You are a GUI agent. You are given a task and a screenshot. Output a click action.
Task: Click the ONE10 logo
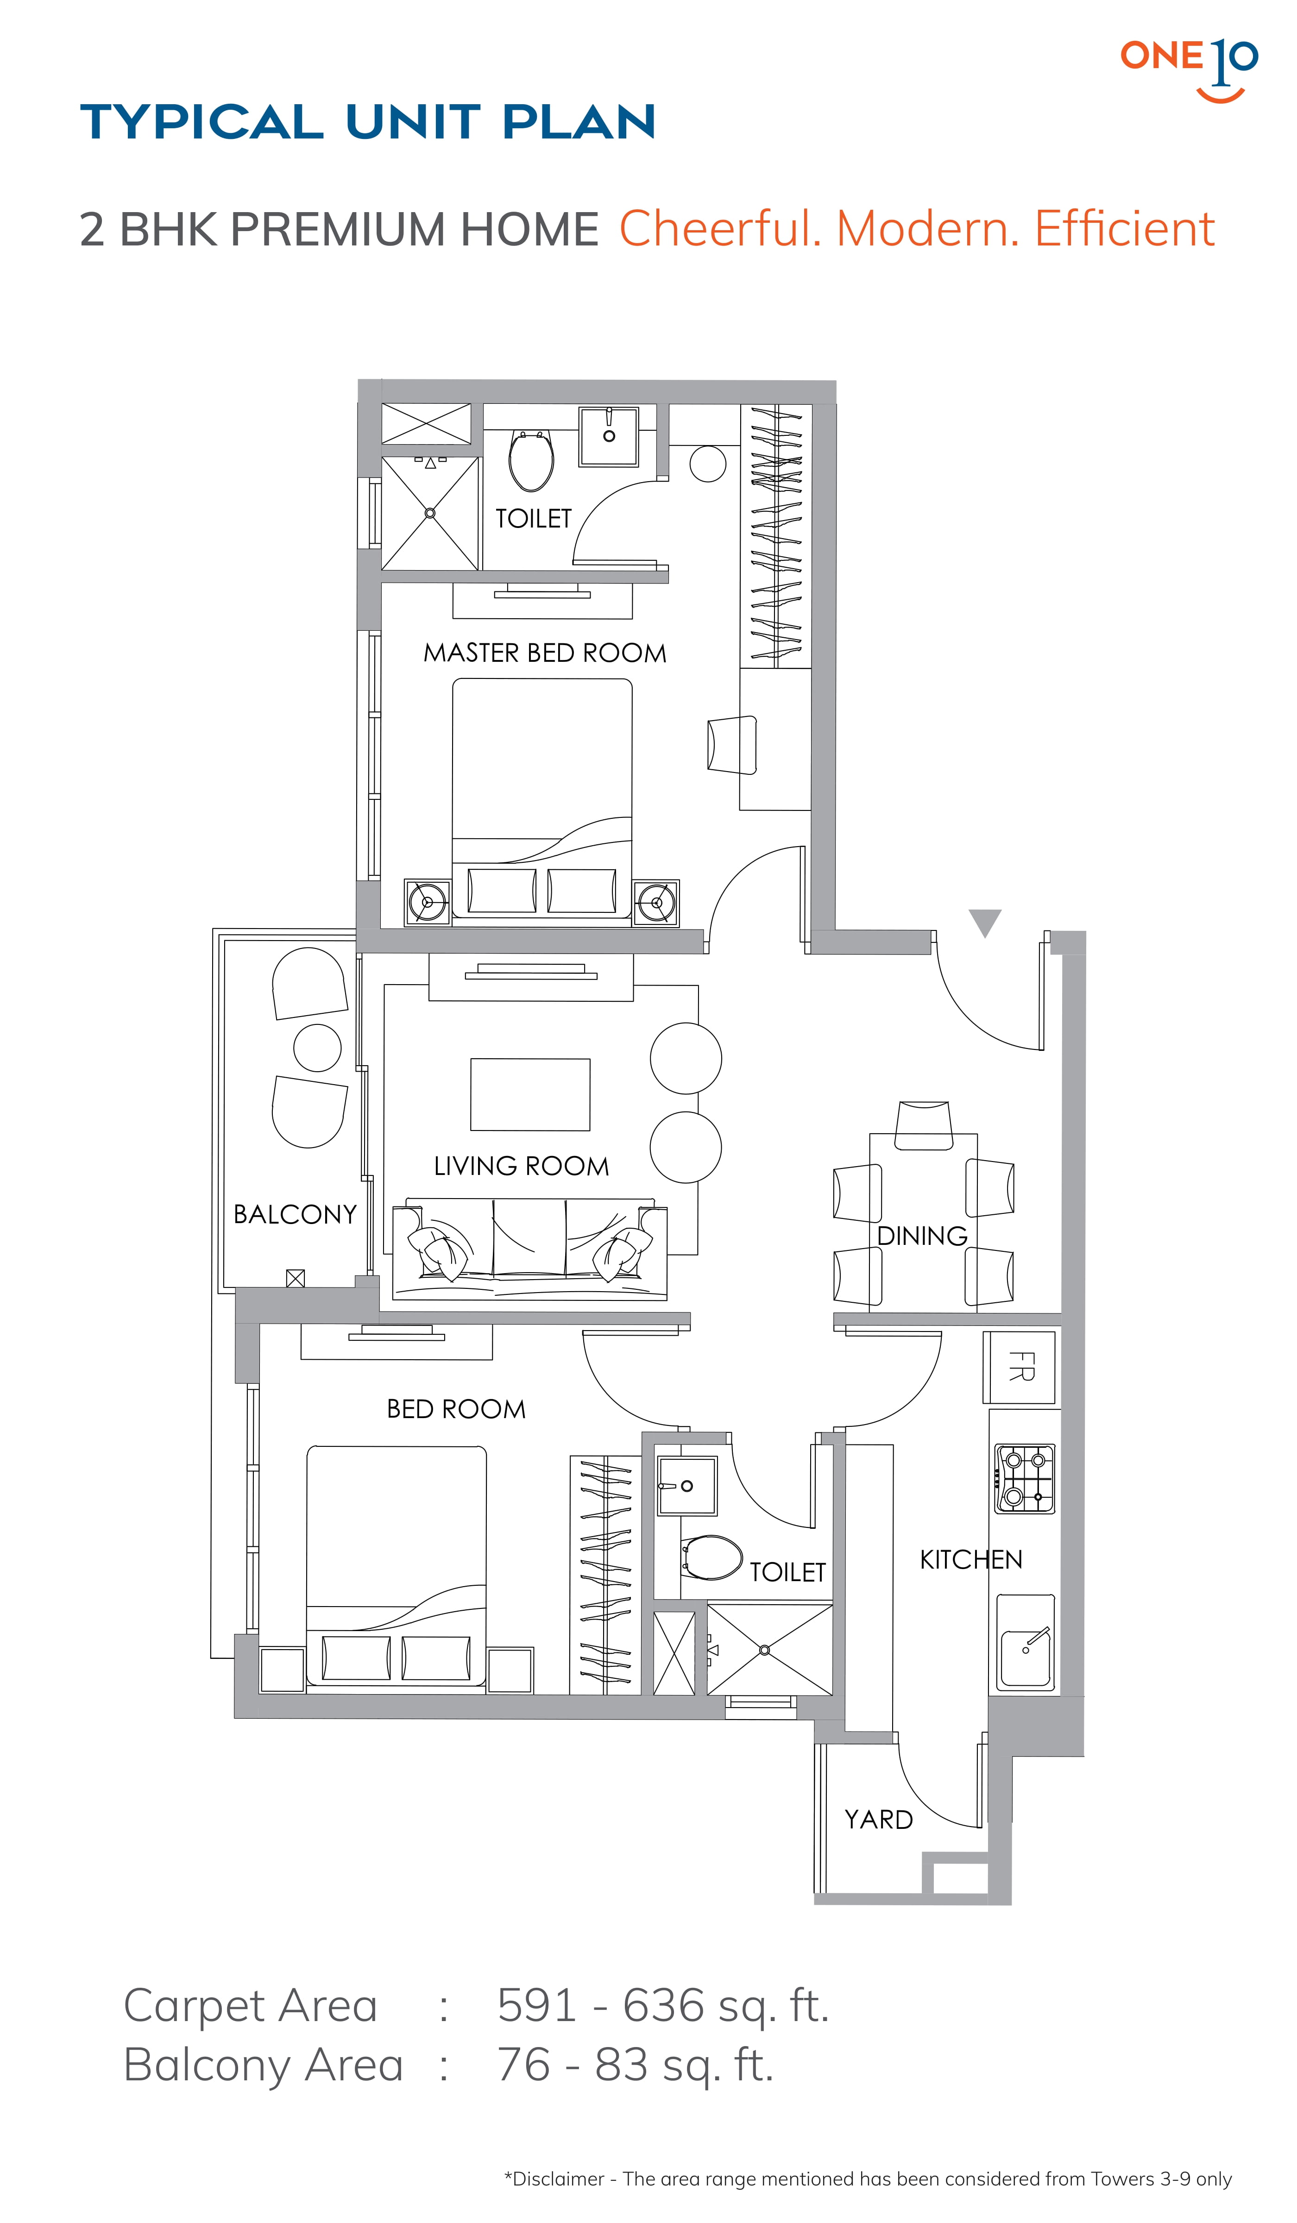[1189, 69]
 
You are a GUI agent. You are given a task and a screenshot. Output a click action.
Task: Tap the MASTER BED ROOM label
[544, 653]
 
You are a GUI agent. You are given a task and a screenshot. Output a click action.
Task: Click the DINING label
[922, 1236]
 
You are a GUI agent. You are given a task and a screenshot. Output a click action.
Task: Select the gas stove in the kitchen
[1025, 1478]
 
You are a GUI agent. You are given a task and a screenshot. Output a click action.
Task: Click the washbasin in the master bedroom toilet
[608, 437]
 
